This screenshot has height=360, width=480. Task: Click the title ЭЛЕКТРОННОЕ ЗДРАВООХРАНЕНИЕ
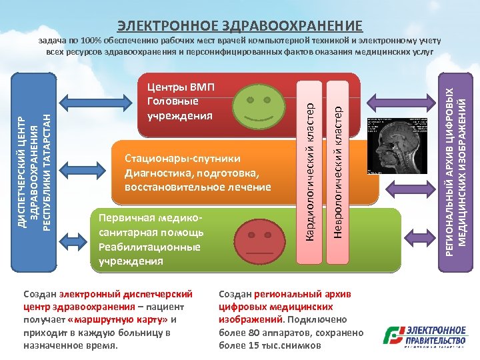click(240, 26)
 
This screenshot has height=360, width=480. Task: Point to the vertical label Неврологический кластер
click(338, 167)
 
